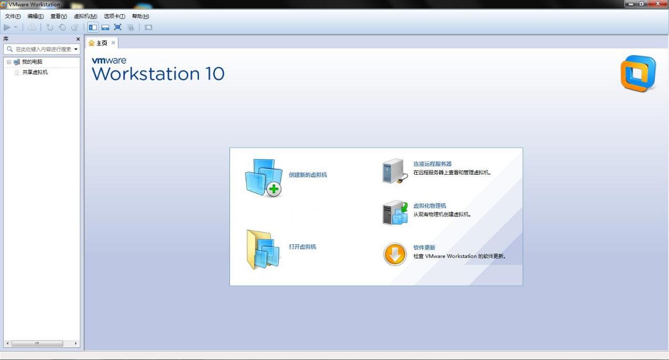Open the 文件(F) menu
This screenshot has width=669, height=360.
coord(13,16)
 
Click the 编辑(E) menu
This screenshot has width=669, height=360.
coord(35,16)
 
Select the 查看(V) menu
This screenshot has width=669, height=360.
coord(58,16)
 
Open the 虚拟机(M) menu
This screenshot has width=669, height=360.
coord(85,16)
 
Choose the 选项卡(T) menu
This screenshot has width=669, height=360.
coord(114,16)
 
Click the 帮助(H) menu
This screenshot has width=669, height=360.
coord(141,16)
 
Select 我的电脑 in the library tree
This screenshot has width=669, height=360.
coord(32,62)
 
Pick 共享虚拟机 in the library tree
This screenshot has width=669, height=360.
coord(35,72)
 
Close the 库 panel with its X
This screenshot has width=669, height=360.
coord(78,39)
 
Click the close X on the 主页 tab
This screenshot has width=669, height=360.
coord(113,43)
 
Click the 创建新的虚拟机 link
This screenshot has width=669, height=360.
coord(308,175)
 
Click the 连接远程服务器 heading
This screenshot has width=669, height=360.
coord(432,164)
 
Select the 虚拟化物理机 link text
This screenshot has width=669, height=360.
coord(430,206)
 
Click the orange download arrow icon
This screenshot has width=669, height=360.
coord(395,255)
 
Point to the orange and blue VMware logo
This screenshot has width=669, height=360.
coord(638,74)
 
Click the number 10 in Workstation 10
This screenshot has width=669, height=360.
coord(215,74)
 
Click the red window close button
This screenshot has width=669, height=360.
coord(657,4)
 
